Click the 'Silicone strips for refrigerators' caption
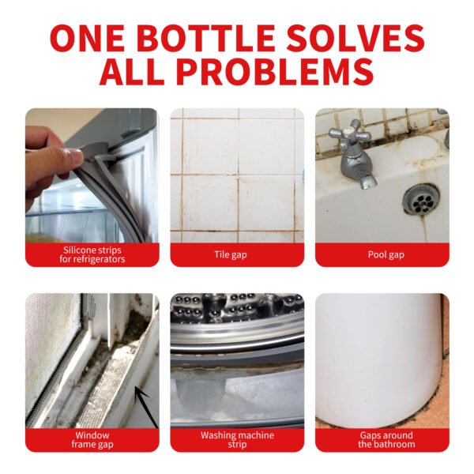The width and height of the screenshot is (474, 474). (x=92, y=254)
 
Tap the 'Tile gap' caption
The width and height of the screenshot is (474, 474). (x=237, y=254)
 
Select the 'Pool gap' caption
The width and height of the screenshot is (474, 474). (x=382, y=254)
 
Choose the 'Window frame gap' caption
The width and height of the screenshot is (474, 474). (x=92, y=439)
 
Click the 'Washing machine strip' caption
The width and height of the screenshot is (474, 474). (x=237, y=439)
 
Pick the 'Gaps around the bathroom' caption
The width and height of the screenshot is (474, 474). (x=382, y=439)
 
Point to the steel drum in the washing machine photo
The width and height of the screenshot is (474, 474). (x=237, y=316)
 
